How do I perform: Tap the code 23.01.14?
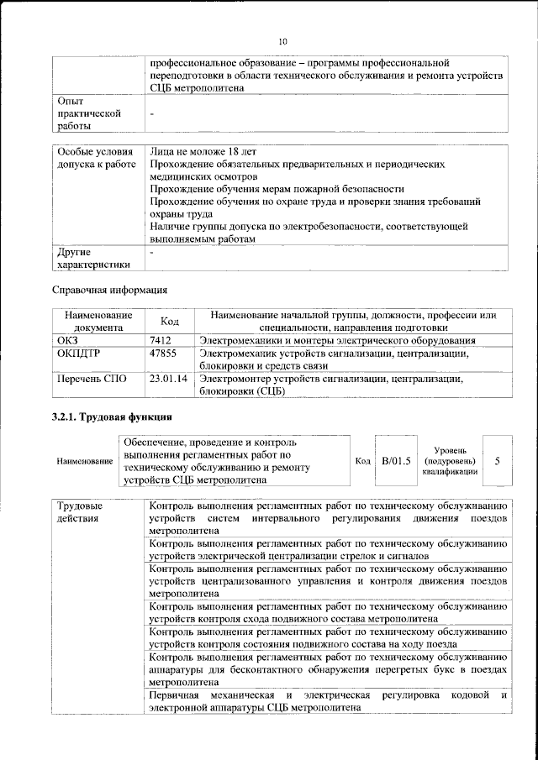pos(168,379)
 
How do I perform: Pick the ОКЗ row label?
pos(67,341)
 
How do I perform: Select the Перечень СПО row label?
pos(92,379)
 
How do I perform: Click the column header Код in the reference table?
pos(169,321)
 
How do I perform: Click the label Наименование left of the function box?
pos(84,461)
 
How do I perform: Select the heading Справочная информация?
pos(105,290)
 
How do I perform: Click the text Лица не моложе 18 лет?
pos(203,152)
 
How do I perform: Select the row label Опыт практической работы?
pos(81,113)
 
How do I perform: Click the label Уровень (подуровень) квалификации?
pos(449,460)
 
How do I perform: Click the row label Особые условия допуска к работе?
pos(95,158)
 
